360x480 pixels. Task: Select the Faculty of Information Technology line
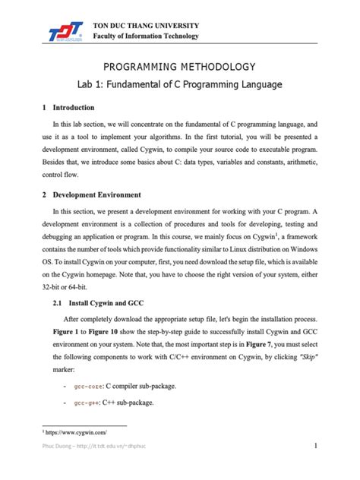pos(145,36)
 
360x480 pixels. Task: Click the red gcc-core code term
pos(91,386)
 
